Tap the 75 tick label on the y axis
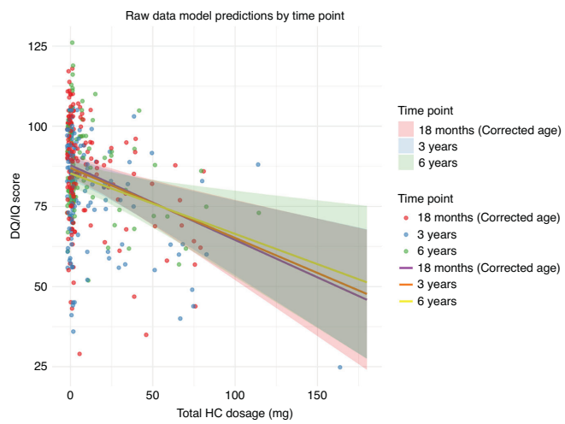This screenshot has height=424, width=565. click(x=38, y=207)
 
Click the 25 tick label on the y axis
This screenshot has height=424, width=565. click(x=38, y=367)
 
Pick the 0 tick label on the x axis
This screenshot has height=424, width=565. click(x=70, y=397)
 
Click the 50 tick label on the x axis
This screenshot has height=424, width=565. click(x=152, y=397)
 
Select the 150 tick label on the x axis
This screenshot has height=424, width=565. click(x=316, y=397)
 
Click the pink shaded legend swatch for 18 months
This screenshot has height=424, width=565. click(x=408, y=130)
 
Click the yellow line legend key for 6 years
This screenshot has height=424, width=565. click(x=408, y=301)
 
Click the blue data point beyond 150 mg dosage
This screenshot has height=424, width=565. click(x=340, y=368)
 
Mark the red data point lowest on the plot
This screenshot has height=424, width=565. click(x=79, y=354)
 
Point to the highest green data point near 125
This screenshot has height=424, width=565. click(x=72, y=42)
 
